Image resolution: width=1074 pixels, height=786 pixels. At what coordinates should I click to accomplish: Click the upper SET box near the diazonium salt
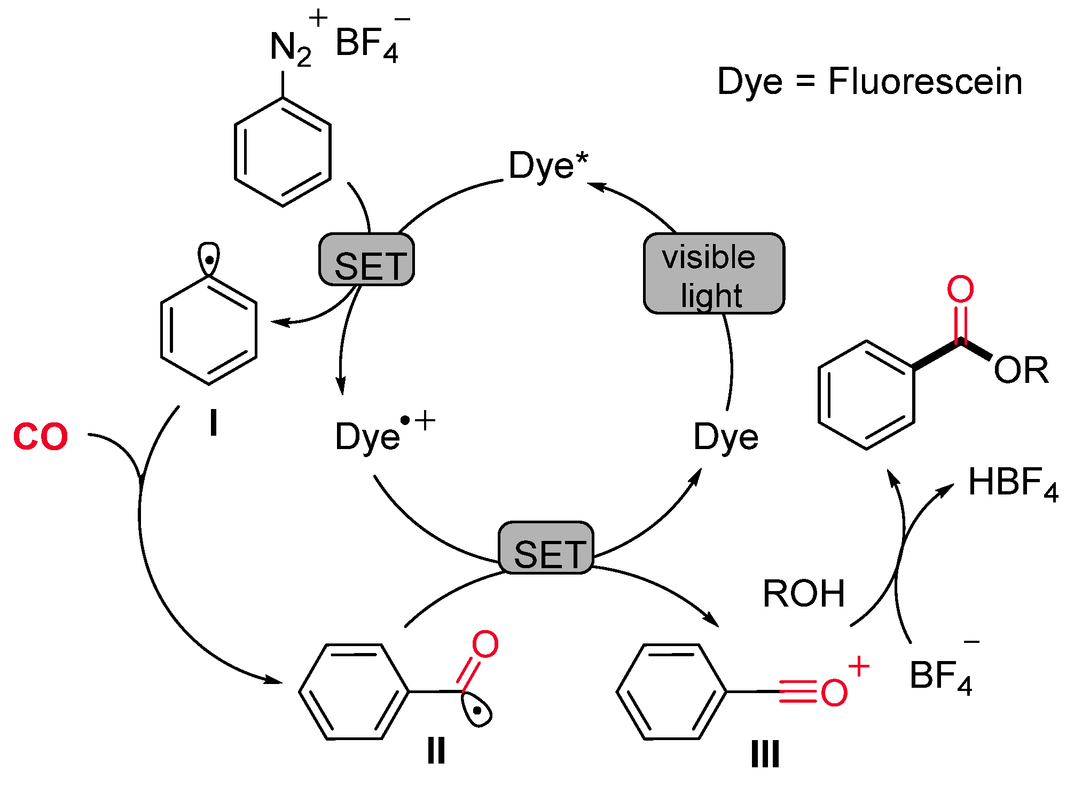coord(366,260)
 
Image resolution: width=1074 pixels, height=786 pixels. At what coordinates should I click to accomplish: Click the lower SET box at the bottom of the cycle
coord(546,548)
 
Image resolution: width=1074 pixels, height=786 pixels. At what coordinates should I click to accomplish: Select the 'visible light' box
coord(714,273)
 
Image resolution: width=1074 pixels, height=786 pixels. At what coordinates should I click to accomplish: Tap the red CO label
coord(41,437)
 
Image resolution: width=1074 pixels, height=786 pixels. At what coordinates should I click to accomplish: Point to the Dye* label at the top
coord(547,166)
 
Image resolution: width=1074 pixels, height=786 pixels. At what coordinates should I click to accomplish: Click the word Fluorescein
coord(925,82)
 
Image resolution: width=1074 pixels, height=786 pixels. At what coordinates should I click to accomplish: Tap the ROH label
coord(803,594)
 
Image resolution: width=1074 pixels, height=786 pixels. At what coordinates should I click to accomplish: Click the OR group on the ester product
coord(1021,370)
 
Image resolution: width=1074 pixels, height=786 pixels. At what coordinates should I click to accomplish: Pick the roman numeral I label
coord(214,424)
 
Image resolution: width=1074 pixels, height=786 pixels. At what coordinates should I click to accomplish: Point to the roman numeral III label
coord(765,754)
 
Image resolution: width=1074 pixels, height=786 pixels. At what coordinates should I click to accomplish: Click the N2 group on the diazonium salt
coord(289,48)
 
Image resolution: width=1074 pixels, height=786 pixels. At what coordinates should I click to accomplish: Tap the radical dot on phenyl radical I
coord(210,260)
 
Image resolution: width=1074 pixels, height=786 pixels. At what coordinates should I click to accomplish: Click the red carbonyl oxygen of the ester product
coord(960,289)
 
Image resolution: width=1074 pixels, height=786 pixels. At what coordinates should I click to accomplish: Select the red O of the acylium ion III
coord(834,693)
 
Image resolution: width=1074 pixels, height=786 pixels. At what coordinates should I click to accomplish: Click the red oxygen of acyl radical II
coord(485,644)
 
